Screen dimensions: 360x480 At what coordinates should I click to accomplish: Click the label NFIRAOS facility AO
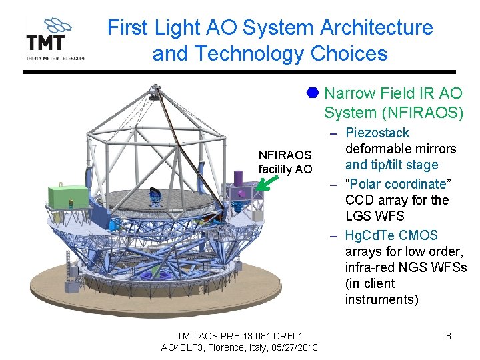285,162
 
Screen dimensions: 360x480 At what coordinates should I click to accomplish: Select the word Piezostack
377,133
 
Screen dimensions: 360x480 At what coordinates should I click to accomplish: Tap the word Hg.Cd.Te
371,235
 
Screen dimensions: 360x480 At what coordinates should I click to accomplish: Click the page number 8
448,336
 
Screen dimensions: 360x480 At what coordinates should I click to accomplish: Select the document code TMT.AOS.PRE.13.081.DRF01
239,335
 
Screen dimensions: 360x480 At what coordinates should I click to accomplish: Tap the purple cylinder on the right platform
238,178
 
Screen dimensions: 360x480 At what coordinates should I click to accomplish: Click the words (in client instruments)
382,291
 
